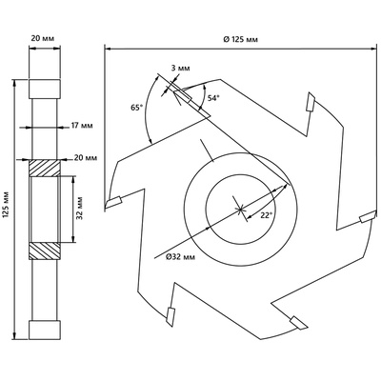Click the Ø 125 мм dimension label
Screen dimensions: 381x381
pos(240,39)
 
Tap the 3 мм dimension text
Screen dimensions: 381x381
pos(180,69)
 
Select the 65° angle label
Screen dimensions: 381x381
pos(136,108)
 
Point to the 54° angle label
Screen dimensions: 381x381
pos(213,98)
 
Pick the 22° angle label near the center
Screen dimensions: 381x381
pos(267,215)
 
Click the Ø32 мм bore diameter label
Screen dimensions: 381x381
pos(180,257)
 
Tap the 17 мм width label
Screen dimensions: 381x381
pos(82,126)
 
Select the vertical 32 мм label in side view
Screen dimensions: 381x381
pos(80,209)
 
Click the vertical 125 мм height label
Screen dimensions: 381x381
pos(6,205)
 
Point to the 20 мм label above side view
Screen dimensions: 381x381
pos(43,38)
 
